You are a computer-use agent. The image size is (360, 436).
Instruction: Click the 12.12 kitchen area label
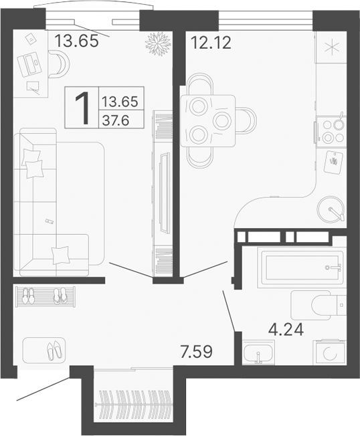coord(209,44)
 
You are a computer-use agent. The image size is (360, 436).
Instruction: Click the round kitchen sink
coord(331,208)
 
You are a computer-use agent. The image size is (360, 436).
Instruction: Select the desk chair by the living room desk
coord(59,64)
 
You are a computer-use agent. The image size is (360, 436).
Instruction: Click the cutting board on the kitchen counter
coord(333,160)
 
